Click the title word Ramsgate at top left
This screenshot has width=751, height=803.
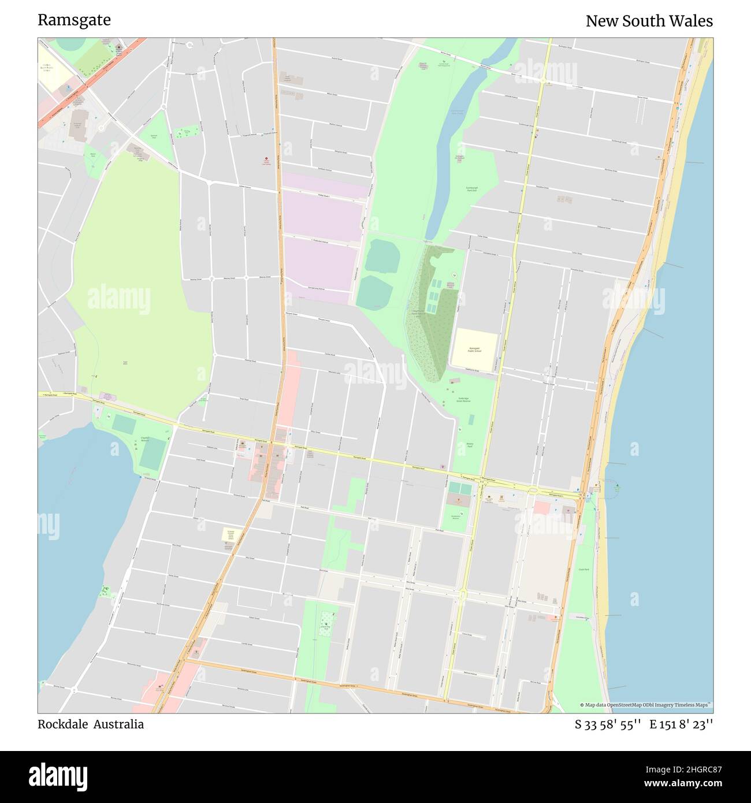click(74, 20)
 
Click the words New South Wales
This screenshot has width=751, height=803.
click(649, 21)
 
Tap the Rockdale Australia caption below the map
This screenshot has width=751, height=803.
click(91, 724)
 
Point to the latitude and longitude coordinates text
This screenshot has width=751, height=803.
click(644, 724)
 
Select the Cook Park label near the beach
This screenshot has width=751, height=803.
click(583, 570)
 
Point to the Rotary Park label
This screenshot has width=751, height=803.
click(469, 445)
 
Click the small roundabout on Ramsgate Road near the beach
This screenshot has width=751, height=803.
click(533, 492)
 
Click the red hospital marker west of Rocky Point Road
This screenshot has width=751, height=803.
click(266, 158)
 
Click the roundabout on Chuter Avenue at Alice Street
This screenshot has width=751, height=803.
click(462, 593)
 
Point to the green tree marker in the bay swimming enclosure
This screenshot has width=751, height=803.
click(617, 486)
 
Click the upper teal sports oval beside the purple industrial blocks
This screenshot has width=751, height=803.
click(382, 256)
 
